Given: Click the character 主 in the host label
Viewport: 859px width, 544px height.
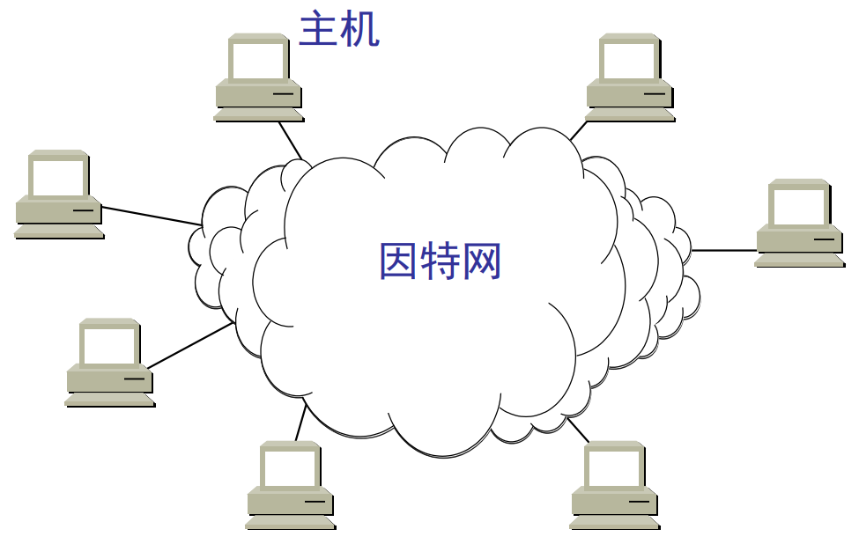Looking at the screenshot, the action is click(x=318, y=28).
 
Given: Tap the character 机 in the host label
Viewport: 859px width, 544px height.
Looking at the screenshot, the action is click(x=361, y=28).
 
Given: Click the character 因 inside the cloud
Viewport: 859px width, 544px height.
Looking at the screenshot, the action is click(x=398, y=261).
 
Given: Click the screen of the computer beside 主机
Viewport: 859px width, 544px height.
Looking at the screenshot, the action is click(x=259, y=60).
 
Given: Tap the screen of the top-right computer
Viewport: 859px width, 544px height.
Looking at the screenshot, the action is click(x=630, y=60).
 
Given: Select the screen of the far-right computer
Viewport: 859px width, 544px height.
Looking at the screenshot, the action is click(x=799, y=206).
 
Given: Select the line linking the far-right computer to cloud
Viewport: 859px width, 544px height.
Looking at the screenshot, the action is click(x=724, y=250).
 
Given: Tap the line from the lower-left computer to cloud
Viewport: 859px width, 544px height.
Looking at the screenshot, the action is click(x=190, y=345).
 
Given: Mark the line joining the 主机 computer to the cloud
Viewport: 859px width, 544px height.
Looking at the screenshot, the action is click(x=291, y=141).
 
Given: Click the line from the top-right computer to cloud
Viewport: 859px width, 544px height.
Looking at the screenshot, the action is click(x=578, y=130).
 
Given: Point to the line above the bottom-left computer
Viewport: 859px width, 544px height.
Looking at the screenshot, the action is click(x=300, y=423).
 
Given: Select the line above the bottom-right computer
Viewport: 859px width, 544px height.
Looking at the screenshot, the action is click(x=579, y=430).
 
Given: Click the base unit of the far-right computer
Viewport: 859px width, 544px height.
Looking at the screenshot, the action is click(x=799, y=239).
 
